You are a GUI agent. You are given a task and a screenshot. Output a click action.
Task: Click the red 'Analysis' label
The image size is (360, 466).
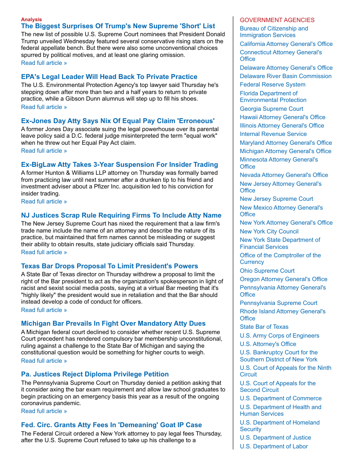(x=31, y=19)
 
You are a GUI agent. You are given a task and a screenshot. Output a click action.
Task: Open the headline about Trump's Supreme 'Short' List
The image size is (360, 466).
(x=118, y=26)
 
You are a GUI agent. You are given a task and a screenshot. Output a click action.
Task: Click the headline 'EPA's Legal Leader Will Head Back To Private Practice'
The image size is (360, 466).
(x=109, y=77)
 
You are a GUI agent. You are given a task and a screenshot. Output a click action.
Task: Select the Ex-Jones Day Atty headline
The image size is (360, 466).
(x=118, y=120)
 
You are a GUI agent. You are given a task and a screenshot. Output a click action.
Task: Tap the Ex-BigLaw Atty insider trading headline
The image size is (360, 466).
(x=119, y=165)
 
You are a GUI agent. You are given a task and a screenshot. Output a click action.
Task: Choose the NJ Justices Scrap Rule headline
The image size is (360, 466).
(x=121, y=215)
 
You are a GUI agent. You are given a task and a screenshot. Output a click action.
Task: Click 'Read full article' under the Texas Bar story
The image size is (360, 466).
(x=44, y=310)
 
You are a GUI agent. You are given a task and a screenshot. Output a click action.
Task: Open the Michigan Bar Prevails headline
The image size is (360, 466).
(x=113, y=323)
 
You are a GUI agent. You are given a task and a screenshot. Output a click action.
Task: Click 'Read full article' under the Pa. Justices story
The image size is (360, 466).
(x=44, y=411)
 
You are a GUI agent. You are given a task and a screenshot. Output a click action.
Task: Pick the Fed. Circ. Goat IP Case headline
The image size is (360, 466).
(x=111, y=425)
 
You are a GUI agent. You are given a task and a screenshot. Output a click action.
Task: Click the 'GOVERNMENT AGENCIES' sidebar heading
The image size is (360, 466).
(x=277, y=20)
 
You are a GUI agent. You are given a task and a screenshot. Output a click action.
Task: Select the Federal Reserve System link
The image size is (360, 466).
(x=272, y=85)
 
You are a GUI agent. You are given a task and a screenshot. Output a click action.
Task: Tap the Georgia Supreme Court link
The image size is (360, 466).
(x=271, y=109)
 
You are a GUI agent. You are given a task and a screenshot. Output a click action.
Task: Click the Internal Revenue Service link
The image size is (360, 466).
(x=273, y=134)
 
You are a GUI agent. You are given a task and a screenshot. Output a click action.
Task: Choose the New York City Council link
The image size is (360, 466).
(x=269, y=231)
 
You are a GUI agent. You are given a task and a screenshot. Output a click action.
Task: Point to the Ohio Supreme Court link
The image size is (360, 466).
(x=267, y=271)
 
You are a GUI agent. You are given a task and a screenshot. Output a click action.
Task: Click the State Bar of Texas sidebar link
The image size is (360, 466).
(x=264, y=327)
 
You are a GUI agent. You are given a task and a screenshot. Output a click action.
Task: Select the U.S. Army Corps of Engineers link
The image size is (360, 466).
(x=279, y=335)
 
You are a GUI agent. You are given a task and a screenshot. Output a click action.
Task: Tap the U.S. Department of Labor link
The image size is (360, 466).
(x=274, y=446)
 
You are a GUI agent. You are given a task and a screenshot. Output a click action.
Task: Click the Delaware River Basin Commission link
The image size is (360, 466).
(x=285, y=76)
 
